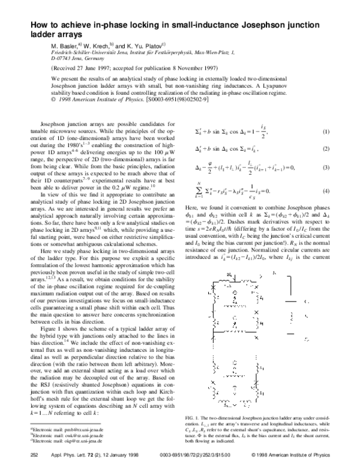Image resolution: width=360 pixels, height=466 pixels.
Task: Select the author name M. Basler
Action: [x=65, y=46]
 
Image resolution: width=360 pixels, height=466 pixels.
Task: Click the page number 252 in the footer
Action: [x=35, y=455]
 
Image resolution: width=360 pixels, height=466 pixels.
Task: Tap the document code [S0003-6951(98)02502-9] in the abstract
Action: [x=176, y=107]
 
